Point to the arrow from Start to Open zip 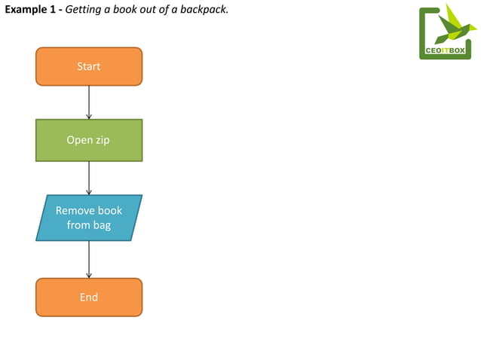pos(89,102)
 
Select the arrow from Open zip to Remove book pos(89,178)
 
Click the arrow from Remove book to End pos(89,259)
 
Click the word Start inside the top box pos(89,66)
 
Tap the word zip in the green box pos(103,140)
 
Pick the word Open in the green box pos(79,140)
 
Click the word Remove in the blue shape pos(75,211)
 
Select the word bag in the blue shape pos(102,225)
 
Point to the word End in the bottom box pos(89,297)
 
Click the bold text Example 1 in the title pos(31,9)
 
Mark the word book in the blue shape pos(110,211)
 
